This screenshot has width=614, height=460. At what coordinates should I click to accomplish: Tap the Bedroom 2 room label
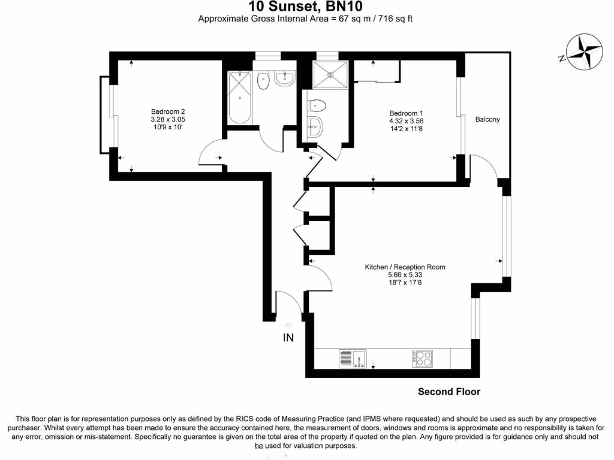(167, 111)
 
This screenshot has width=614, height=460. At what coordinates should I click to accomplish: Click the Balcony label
(487, 119)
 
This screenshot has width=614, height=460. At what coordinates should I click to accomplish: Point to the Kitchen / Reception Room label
(405, 267)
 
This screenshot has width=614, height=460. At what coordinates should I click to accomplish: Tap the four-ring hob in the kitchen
(422, 358)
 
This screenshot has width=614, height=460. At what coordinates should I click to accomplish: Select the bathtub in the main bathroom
(240, 97)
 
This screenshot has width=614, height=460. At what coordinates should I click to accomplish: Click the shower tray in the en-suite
(331, 75)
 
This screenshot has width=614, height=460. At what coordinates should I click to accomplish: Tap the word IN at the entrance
(288, 338)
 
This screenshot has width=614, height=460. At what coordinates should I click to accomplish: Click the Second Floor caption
(449, 392)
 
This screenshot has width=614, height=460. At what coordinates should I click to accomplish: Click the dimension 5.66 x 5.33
(405, 275)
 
